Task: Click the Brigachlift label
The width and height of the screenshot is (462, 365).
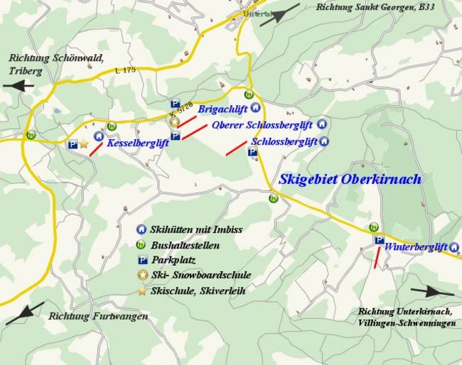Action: [x=223, y=109]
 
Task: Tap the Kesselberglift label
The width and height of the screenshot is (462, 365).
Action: [x=137, y=143]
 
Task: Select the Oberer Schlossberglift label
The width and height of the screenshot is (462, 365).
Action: [x=262, y=126]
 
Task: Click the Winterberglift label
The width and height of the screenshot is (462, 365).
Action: [x=416, y=247]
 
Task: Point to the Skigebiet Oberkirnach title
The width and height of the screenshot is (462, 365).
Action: [x=350, y=179]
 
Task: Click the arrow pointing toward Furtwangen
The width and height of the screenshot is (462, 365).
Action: [x=25, y=313]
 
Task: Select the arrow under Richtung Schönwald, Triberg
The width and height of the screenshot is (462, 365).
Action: [x=18, y=86]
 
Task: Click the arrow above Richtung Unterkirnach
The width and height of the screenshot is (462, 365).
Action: [x=431, y=290]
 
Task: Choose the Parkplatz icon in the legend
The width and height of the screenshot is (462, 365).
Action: [x=141, y=260]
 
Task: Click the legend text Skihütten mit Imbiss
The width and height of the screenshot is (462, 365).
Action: [x=196, y=230]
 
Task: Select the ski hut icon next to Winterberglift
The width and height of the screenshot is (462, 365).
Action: [x=454, y=247]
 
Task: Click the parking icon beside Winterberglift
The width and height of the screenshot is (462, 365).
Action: [x=379, y=240]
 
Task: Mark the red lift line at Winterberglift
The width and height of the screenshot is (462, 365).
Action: [x=376, y=258]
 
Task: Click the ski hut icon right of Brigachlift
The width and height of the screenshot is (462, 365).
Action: [x=256, y=108]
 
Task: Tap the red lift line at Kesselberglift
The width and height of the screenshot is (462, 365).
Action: [x=95, y=150]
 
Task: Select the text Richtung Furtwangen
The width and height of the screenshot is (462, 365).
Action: [x=98, y=316]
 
